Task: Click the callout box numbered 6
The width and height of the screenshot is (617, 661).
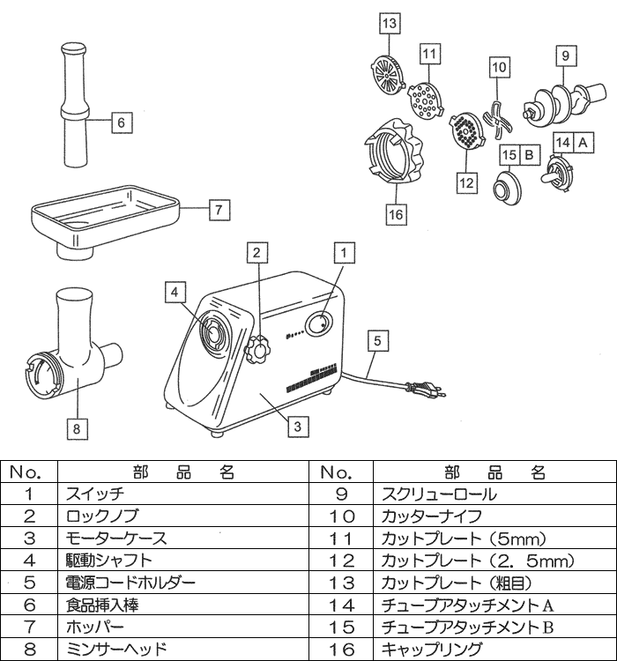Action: (x=122, y=123)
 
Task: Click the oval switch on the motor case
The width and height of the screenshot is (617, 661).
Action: (x=317, y=325)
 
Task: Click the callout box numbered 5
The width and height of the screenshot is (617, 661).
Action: (x=378, y=339)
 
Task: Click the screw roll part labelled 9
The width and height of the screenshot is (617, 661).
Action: (x=557, y=97)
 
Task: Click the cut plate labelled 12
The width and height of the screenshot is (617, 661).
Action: (x=464, y=134)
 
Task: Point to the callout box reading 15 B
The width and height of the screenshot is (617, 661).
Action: (x=518, y=154)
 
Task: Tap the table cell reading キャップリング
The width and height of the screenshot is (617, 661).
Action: (x=432, y=650)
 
